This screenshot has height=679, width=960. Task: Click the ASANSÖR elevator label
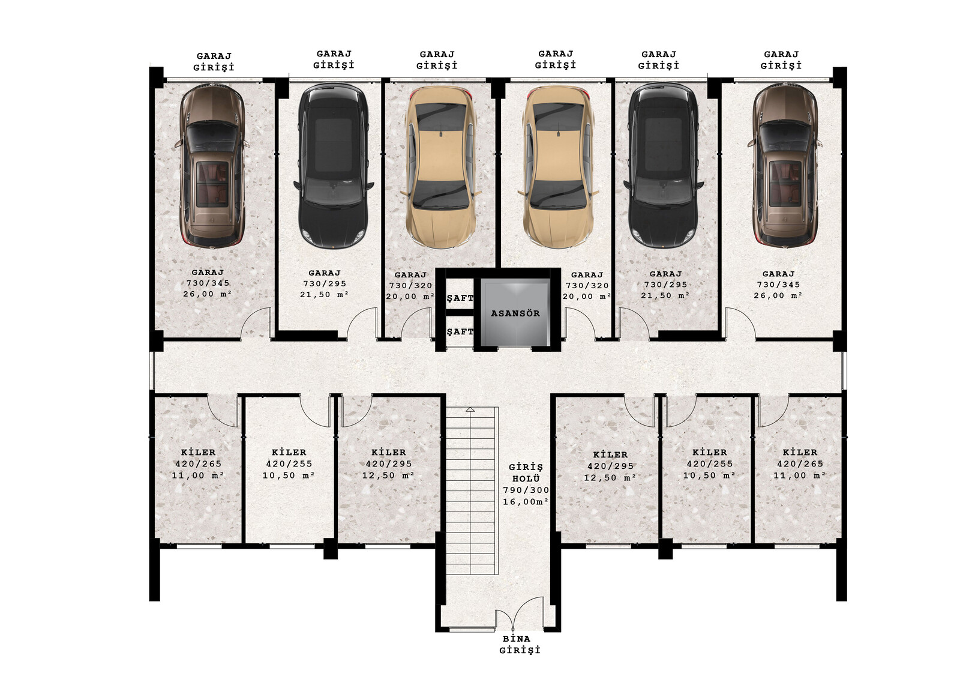515,313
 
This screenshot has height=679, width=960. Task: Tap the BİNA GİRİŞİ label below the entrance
520,644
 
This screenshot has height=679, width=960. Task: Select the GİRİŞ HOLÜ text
526,472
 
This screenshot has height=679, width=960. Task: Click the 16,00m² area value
526,501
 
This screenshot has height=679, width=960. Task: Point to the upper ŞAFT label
460,298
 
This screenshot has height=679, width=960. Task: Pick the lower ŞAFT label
460,331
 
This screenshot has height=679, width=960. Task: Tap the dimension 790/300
526,490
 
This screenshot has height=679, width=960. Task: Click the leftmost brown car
212,166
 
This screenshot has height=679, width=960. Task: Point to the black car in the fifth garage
664,166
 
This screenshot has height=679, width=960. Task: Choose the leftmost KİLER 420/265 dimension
199,463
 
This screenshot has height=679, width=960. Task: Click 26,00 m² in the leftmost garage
208,294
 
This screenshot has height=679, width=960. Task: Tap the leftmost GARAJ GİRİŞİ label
214,62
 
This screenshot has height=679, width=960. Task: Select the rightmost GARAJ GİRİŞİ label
781,59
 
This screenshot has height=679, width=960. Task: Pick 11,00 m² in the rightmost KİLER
800,475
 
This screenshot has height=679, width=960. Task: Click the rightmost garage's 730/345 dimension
778,285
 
